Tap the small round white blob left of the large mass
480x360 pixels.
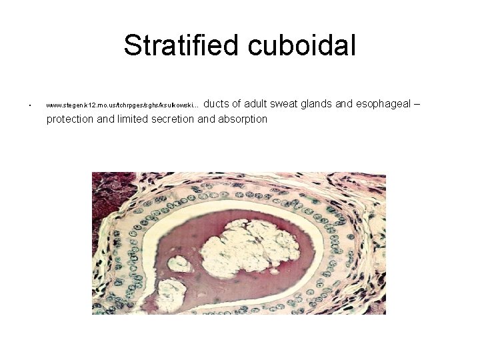click(179, 265)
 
